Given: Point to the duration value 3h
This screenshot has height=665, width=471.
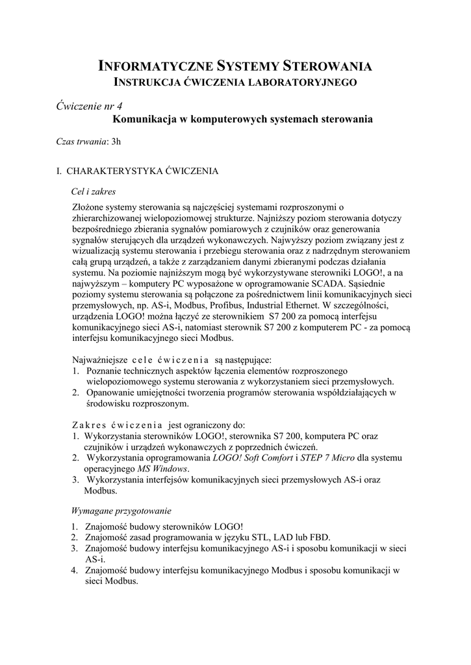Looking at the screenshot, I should click(116, 140).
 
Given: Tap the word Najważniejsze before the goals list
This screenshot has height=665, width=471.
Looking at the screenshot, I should click(100, 360).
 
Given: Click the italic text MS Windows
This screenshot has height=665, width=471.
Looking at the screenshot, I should click(163, 469).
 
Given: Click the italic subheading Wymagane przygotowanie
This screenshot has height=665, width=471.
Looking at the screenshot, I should click(121, 510).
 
